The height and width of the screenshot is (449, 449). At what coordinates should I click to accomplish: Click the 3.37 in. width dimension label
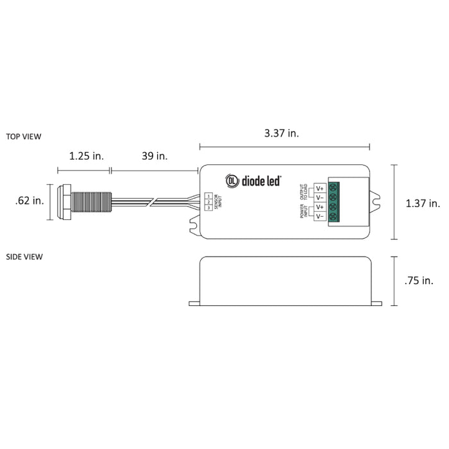tap(282, 133)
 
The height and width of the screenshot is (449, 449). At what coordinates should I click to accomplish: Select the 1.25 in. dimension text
tap(86, 156)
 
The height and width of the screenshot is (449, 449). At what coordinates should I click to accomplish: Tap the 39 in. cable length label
tap(154, 156)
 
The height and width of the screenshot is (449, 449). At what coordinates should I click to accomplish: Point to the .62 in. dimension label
tap(30, 201)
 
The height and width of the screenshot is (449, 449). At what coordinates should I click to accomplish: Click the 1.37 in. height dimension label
tap(423, 203)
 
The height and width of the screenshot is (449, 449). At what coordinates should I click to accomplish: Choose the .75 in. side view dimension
tap(419, 280)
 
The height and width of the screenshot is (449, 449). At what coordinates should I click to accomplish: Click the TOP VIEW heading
tap(24, 137)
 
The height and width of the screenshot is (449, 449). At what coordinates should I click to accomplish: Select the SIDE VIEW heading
tap(24, 257)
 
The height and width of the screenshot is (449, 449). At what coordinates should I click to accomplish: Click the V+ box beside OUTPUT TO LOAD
tap(319, 189)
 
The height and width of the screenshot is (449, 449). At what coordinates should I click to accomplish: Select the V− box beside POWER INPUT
tap(319, 217)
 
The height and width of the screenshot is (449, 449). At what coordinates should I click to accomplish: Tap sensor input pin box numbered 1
tap(209, 196)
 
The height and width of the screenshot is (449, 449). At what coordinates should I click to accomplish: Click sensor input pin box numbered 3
tap(209, 207)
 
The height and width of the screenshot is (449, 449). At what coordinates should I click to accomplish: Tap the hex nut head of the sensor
tap(64, 201)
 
